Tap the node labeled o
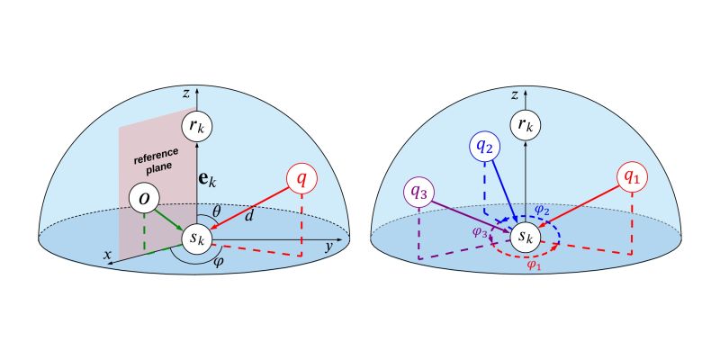pos(144,198)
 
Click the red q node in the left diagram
pos(301,180)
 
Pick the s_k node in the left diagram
pos(197,240)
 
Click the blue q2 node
pos(485,146)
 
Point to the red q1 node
pos(634,177)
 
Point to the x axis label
pos(108,256)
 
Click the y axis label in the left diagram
pos(330,245)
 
